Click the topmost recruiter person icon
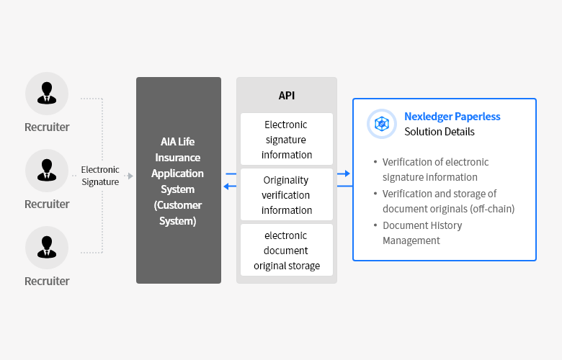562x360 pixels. [47, 93]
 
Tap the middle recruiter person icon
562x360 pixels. [47, 170]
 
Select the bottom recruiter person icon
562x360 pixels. [47, 247]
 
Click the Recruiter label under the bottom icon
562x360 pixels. [47, 282]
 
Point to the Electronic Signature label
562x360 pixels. [100, 176]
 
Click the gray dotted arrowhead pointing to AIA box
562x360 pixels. [130, 176]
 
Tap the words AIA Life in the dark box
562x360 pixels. [178, 142]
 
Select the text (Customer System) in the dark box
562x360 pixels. [178, 213]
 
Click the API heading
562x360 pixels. [287, 96]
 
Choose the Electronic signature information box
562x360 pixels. [287, 140]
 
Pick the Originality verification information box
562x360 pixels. [287, 194]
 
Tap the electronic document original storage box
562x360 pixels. [287, 250]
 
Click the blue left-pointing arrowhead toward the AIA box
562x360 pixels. [226, 186]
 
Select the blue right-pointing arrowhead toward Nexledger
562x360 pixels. [347, 174]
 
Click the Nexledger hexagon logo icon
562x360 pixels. [382, 124]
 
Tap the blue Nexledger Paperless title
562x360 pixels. [452, 117]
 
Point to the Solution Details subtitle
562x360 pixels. [440, 132]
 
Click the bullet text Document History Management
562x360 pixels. [422, 233]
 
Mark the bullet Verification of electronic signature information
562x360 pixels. [435, 169]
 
